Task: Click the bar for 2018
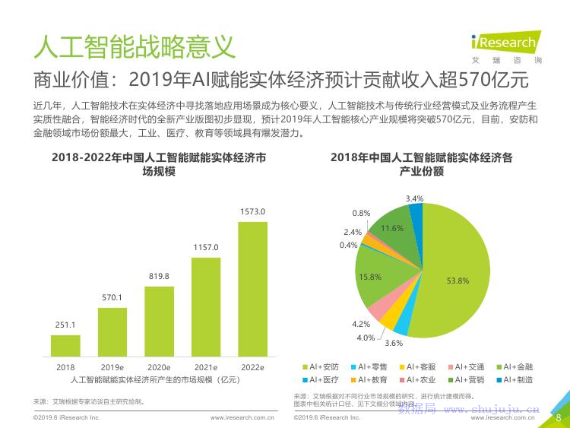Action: (x=65, y=345)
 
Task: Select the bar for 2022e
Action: (x=252, y=289)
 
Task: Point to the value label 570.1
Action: (x=112, y=297)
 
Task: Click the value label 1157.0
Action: (x=206, y=247)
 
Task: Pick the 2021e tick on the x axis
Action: (x=206, y=367)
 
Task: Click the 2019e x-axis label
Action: (x=112, y=367)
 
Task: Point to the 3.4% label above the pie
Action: (x=415, y=198)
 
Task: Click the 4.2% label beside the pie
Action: (x=360, y=324)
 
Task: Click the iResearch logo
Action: (x=503, y=43)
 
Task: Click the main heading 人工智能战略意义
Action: (x=134, y=46)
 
